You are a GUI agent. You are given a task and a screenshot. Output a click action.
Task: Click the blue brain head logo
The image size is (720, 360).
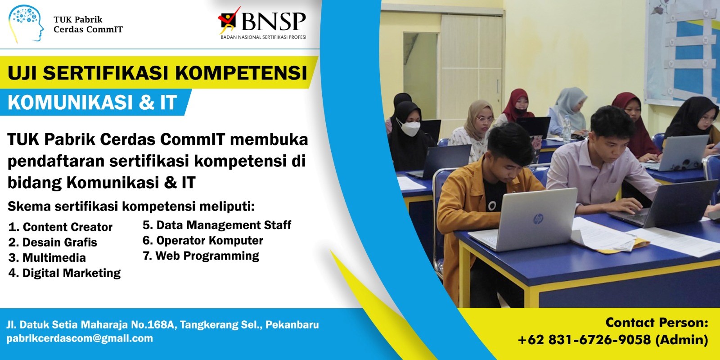26,23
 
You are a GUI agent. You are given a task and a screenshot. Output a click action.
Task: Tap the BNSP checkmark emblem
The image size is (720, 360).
229,20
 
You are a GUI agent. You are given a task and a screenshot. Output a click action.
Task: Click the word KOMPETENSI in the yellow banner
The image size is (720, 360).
241,72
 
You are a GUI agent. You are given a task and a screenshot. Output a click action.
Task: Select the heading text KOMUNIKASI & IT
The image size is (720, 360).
92,103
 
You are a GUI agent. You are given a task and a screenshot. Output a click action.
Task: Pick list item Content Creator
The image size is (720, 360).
60,227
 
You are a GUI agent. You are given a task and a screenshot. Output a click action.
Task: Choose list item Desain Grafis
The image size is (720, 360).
53,243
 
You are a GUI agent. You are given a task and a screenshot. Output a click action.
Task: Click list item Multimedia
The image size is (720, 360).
47,258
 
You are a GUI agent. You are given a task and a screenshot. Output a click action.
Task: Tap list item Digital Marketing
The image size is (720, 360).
64,273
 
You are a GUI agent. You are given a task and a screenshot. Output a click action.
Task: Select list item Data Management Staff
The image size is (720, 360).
217,225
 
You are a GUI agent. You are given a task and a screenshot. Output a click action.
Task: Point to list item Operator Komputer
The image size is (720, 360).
203,240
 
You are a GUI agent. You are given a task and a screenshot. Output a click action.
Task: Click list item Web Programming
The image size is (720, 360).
201,256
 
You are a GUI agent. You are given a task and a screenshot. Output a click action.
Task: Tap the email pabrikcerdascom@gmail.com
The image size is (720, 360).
80,338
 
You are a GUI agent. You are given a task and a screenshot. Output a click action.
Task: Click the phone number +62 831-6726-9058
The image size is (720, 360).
585,340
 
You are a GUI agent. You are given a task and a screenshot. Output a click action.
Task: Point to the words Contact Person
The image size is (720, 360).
657,323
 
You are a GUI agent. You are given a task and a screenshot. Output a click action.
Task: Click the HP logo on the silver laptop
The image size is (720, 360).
538,220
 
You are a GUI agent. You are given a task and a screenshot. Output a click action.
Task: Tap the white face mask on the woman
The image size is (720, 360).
409,128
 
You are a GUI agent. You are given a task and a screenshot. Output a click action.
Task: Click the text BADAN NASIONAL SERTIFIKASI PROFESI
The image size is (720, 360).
263,37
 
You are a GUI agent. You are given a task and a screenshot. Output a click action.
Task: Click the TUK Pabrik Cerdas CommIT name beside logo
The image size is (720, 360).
88,24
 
